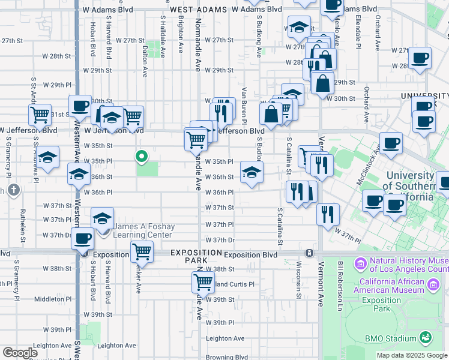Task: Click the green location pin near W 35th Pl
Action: coord(142,157)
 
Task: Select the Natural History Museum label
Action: coord(408,265)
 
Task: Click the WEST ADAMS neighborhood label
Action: coord(199,10)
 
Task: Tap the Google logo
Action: coord(20,352)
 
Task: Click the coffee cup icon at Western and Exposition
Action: coord(82,238)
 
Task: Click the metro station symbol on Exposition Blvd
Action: coord(309,253)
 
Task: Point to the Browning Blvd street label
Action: coord(224,357)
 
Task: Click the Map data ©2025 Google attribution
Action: coord(411,355)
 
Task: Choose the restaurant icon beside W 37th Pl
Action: coord(328,214)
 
